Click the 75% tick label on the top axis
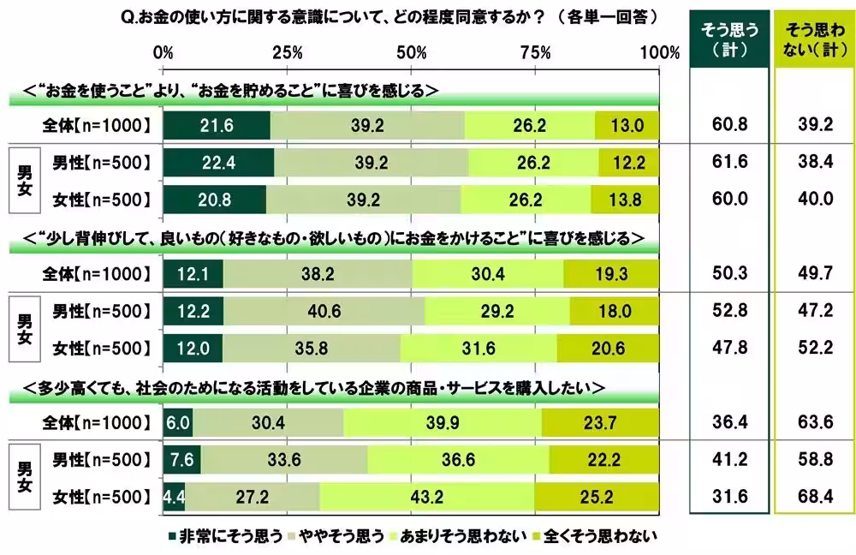[536, 52]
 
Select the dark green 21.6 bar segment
[217, 125]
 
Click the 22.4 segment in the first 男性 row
[218, 162]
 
